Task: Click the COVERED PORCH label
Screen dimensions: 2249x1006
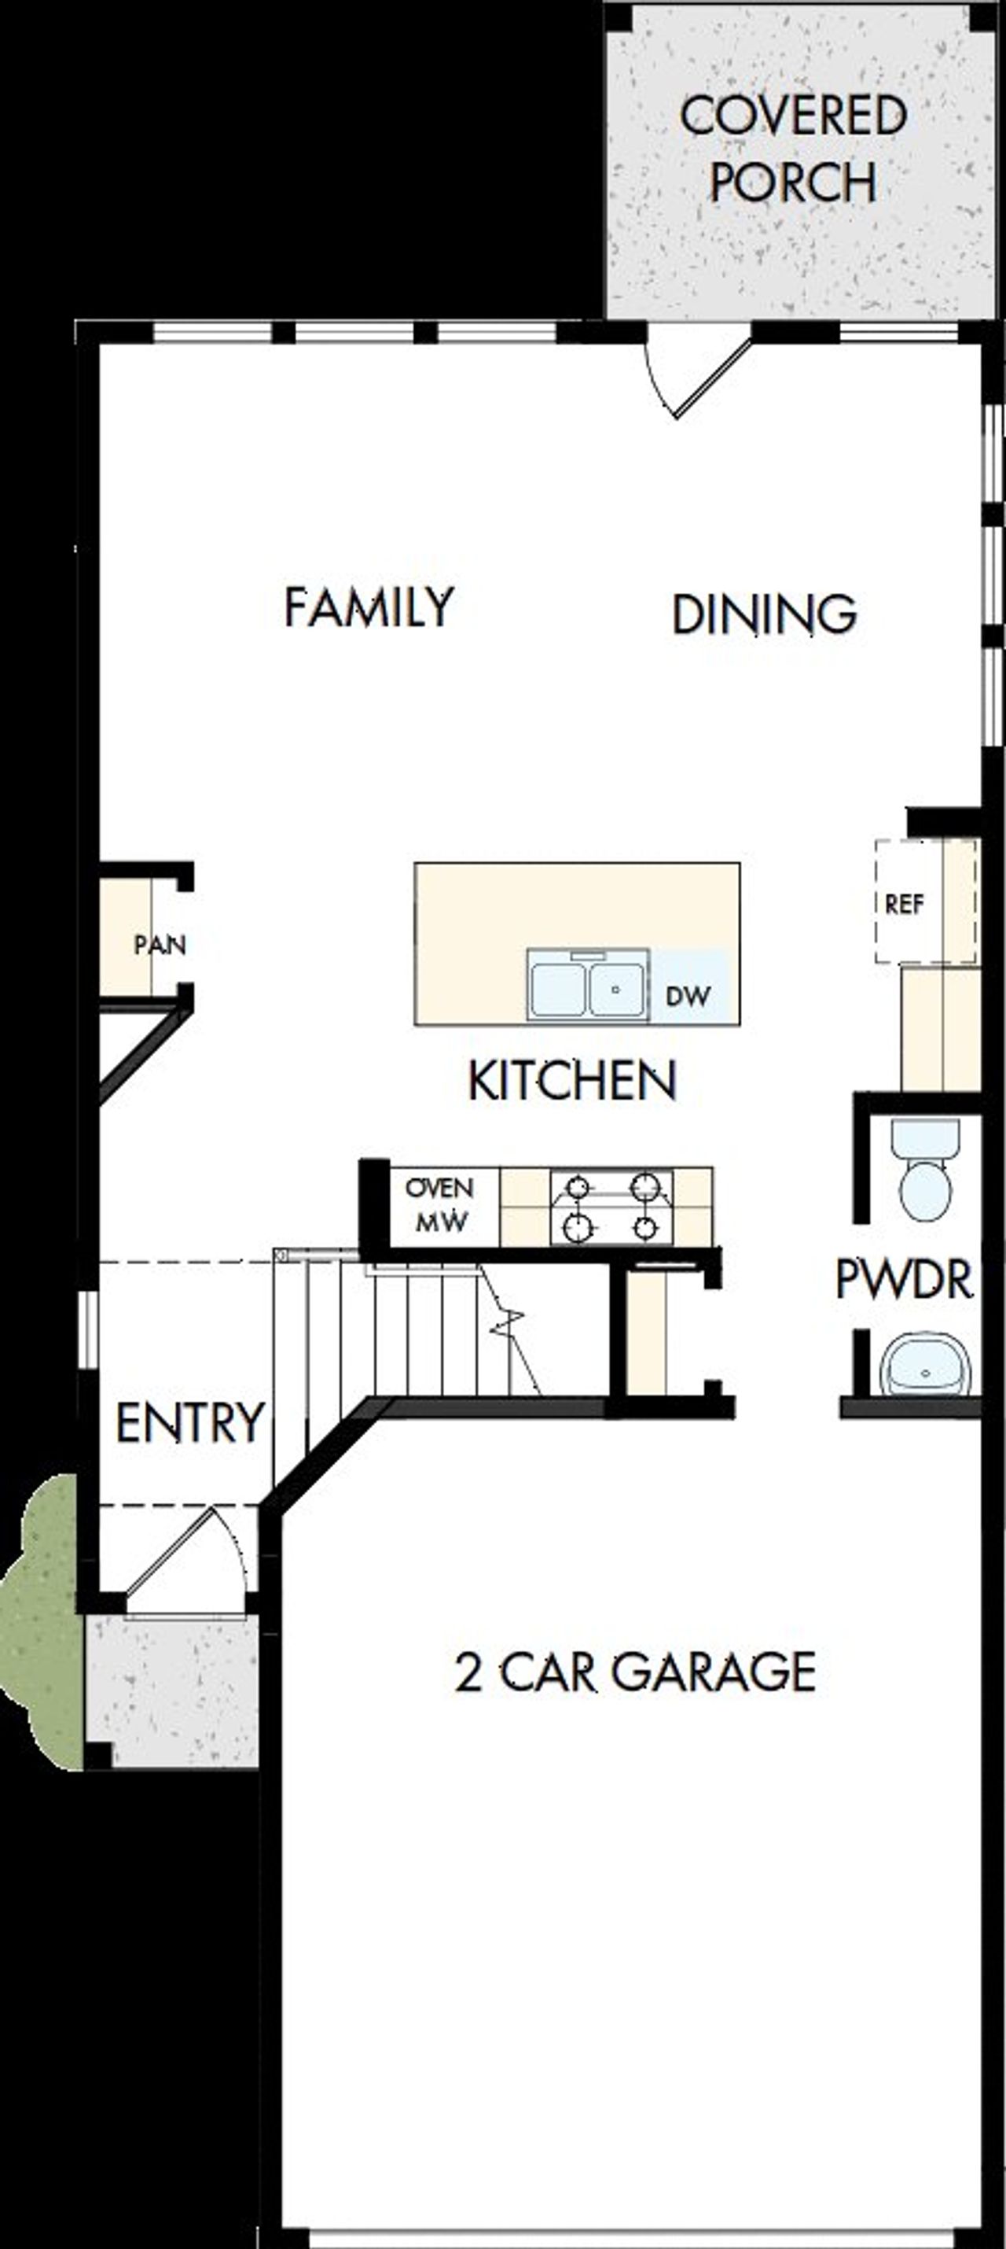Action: pyautogui.click(x=792, y=149)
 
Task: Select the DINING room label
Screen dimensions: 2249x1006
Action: pyautogui.click(x=763, y=614)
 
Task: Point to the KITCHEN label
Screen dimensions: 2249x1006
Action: pyautogui.click(x=572, y=1080)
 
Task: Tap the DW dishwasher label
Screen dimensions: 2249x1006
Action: pyautogui.click(x=688, y=996)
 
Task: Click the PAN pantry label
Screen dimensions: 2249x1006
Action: pyautogui.click(x=160, y=944)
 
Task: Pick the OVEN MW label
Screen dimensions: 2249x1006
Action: pyautogui.click(x=440, y=1206)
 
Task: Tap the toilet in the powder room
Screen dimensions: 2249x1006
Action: pyautogui.click(x=925, y=1169)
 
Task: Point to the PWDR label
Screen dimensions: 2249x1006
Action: pyautogui.click(x=903, y=1279)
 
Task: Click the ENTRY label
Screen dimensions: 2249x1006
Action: pyautogui.click(x=189, y=1423)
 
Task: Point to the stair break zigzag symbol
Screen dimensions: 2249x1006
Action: pyautogui.click(x=509, y=1322)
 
